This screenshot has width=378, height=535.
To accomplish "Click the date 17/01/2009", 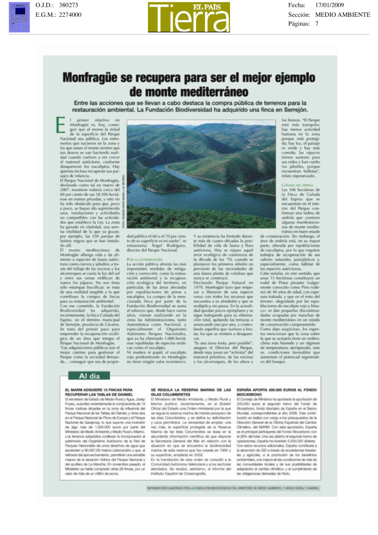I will click(x=333, y=5).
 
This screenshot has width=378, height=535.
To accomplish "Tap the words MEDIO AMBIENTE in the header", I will click(x=343, y=14).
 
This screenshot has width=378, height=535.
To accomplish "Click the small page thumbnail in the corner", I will click(x=19, y=17).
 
